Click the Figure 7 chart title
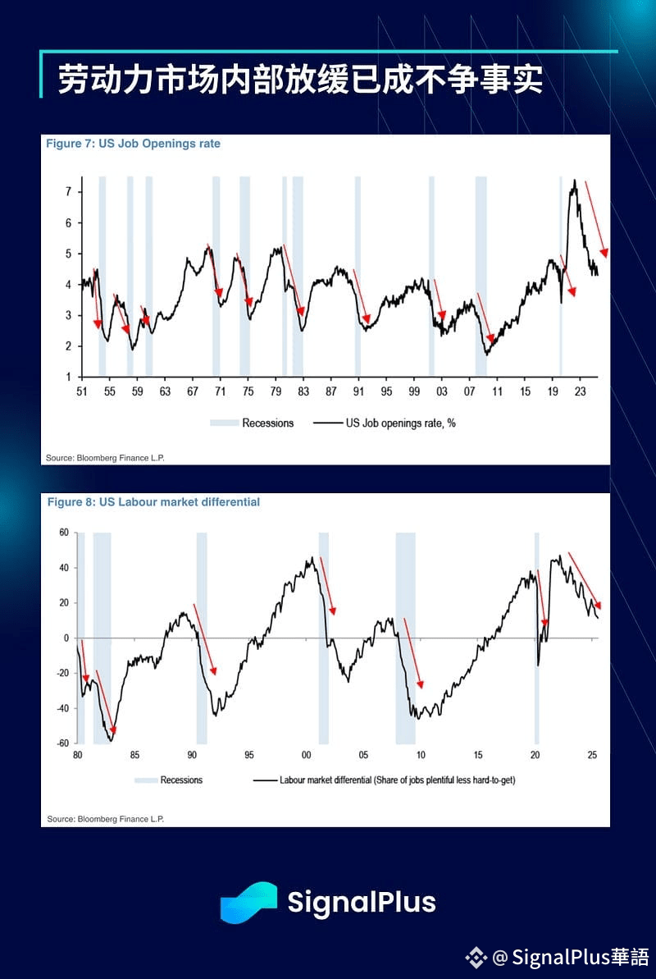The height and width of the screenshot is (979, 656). [133, 144]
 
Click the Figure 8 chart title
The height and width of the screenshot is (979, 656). [153, 501]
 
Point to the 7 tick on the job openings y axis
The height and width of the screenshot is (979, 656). [69, 192]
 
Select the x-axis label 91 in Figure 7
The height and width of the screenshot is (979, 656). [358, 391]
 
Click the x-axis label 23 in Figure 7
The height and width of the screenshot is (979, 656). [579, 391]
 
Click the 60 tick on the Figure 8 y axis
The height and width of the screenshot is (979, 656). [63, 533]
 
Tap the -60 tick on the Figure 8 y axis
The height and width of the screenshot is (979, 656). [61, 743]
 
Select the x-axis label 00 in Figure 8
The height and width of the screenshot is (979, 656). [306, 755]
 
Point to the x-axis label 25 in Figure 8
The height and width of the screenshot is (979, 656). [592, 755]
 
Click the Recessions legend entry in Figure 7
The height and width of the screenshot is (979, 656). [267, 423]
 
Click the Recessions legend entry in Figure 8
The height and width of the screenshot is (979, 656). [181, 780]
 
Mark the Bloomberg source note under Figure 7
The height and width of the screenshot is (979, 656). [106, 457]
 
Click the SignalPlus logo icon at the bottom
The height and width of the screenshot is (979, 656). [248, 903]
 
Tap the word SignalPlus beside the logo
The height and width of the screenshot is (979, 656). [362, 903]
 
